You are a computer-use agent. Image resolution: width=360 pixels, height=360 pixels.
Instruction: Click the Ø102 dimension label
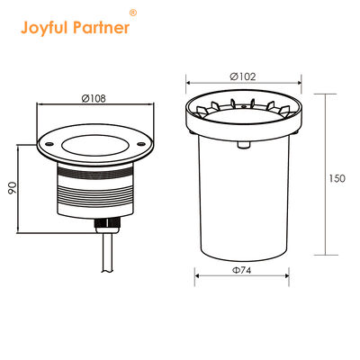click(x=242, y=76)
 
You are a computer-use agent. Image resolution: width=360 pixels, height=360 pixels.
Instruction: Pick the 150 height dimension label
click(x=337, y=178)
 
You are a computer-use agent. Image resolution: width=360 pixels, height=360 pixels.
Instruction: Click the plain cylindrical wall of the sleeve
click(x=241, y=198)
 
